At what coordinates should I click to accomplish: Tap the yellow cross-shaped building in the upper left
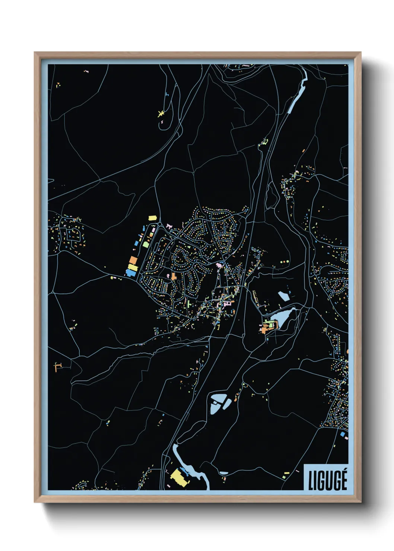161,114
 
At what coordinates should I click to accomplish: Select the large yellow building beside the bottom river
179,477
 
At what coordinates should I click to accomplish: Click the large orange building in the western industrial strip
133,260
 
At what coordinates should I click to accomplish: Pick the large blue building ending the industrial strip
130,273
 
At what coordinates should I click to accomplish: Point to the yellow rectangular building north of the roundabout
152,218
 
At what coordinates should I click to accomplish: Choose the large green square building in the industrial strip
146,245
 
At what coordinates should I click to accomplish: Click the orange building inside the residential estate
174,277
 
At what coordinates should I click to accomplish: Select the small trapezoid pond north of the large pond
283,296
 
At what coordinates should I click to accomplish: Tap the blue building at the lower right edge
343,434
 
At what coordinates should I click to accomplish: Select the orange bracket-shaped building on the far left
57,367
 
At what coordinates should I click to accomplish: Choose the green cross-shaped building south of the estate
189,304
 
